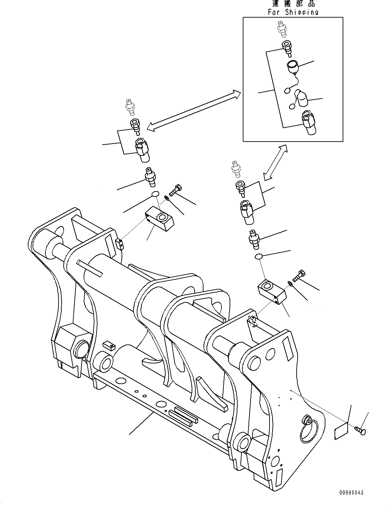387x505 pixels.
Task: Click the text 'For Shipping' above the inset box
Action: (293, 12)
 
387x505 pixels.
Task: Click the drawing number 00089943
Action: (351, 492)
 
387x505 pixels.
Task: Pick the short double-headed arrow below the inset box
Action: (275, 162)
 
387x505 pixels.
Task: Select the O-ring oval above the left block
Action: (155, 194)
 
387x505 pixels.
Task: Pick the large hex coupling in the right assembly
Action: (246, 211)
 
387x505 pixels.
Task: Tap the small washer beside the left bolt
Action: (166, 198)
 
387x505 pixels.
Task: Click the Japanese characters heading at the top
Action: (293, 4)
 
